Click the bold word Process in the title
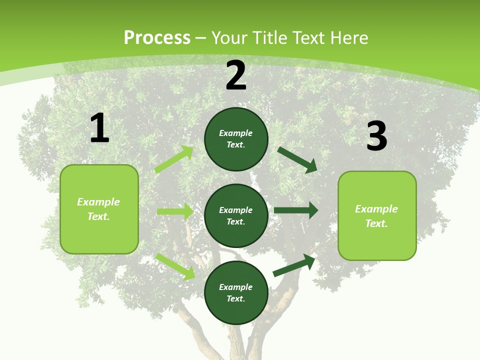click(157, 38)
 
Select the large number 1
click(99, 128)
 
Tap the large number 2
click(236, 76)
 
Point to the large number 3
click(376, 136)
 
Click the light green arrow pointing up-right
click(174, 159)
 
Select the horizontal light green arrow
click(175, 211)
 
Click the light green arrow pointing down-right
click(175, 266)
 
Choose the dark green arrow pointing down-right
click(297, 159)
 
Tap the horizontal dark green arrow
click(296, 210)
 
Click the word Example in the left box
click(98, 202)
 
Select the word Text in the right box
click(375, 223)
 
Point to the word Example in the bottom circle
click(235, 287)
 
